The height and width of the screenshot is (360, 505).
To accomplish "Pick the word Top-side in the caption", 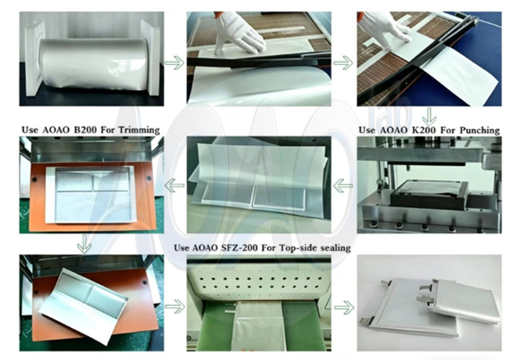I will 299,247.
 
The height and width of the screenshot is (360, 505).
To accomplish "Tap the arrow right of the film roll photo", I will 174,63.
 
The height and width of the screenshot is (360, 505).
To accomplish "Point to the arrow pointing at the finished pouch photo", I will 343,307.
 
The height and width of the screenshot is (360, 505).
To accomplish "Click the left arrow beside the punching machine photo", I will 343,185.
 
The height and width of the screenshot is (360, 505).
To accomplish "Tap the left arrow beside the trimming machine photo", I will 174,187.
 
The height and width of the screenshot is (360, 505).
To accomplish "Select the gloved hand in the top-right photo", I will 386,27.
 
